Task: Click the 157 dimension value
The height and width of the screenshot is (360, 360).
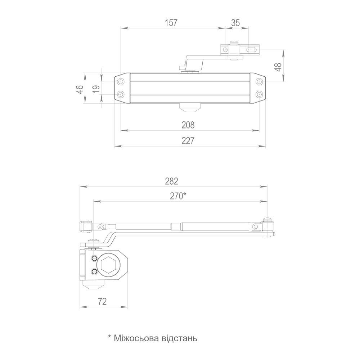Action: (x=171, y=23)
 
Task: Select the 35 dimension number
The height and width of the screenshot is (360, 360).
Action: (x=235, y=23)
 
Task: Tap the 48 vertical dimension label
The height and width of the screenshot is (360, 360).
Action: (x=278, y=67)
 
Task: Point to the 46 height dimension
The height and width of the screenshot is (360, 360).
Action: (x=80, y=89)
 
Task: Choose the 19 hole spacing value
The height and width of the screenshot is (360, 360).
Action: (x=97, y=89)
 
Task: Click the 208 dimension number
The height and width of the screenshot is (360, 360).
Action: (x=188, y=125)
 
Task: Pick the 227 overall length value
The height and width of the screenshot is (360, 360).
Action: (x=188, y=141)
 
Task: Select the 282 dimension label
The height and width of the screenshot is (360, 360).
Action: (x=171, y=181)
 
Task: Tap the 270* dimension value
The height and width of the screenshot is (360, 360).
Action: (x=178, y=196)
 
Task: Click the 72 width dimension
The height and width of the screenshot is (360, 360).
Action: (x=102, y=301)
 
